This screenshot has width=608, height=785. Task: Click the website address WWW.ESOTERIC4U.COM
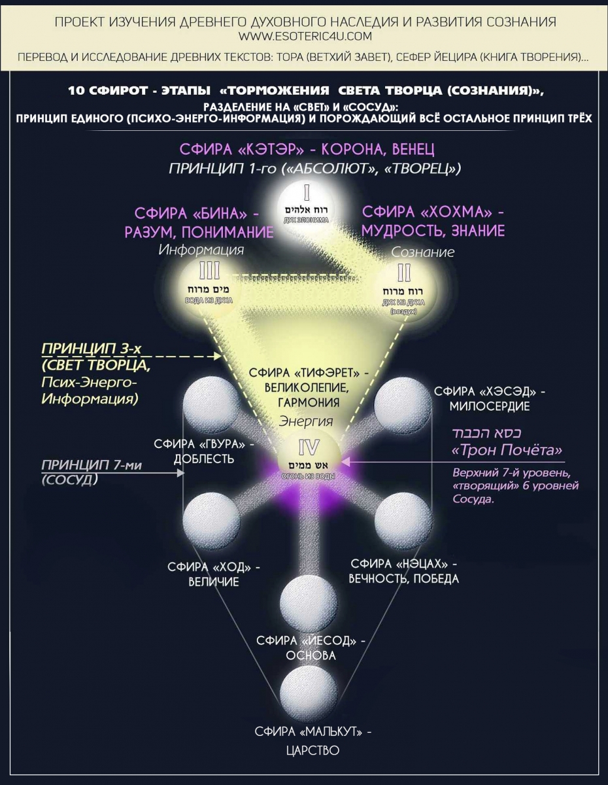coord(305,35)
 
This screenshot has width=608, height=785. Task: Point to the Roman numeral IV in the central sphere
coord(309,448)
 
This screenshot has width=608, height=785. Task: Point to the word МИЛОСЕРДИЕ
coord(489,406)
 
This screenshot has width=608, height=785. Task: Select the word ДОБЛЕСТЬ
coord(204,459)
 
